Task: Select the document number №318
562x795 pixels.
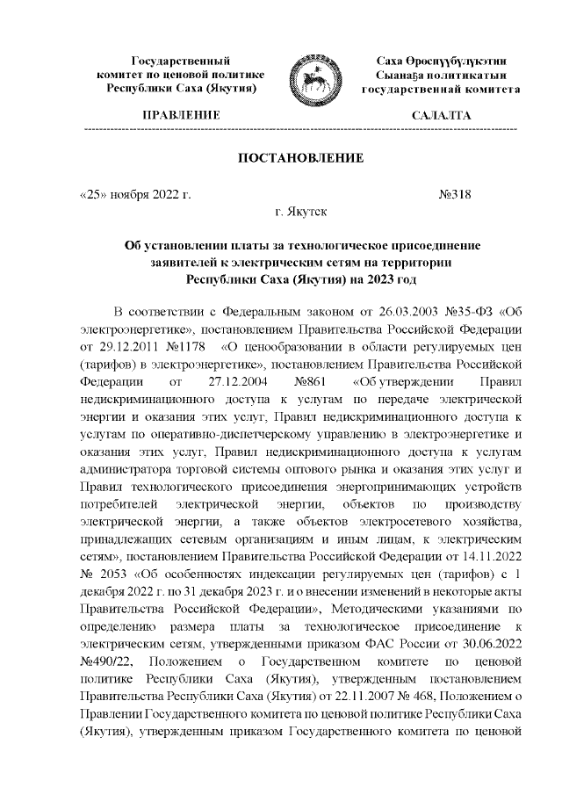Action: point(455,194)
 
